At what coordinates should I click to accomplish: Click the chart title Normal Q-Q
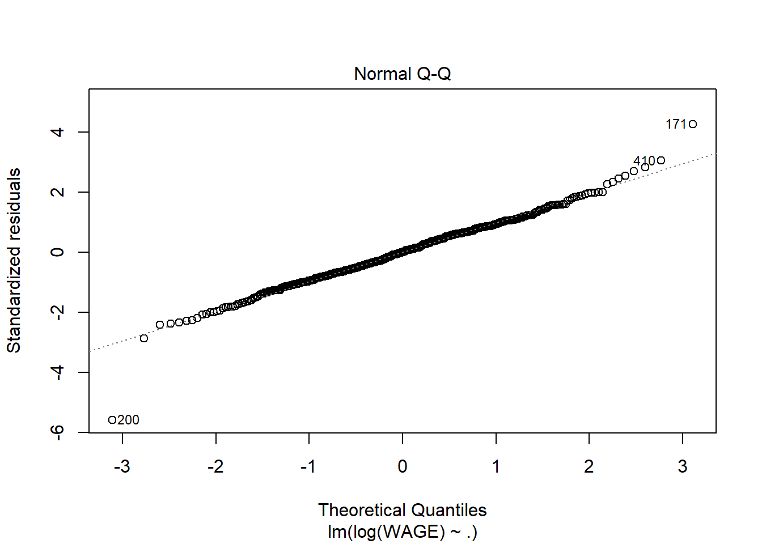(x=402, y=74)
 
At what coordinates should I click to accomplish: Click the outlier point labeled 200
(x=112, y=420)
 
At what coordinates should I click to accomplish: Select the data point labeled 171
(x=693, y=124)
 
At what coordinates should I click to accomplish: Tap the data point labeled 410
(x=661, y=160)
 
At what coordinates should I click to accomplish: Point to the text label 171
(x=676, y=124)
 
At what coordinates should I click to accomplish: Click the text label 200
(x=129, y=420)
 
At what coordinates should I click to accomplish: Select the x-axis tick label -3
(x=122, y=466)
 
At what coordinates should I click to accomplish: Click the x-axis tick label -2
(x=215, y=466)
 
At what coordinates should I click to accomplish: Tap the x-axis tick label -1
(x=308, y=466)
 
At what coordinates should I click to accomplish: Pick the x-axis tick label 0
(x=403, y=466)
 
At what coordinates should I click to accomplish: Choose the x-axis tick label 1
(x=496, y=466)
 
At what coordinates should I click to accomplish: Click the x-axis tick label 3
(x=683, y=466)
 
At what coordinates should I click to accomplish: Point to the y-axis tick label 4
(x=57, y=132)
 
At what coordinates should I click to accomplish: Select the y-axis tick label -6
(x=57, y=432)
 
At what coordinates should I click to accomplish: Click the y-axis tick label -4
(x=57, y=372)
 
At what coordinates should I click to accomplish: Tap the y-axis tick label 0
(x=57, y=252)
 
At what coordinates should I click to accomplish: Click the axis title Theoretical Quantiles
(x=402, y=510)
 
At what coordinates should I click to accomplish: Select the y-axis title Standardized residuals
(x=14, y=261)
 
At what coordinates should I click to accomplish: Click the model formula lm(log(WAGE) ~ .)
(x=402, y=532)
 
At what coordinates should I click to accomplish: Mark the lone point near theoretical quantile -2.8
(x=144, y=338)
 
